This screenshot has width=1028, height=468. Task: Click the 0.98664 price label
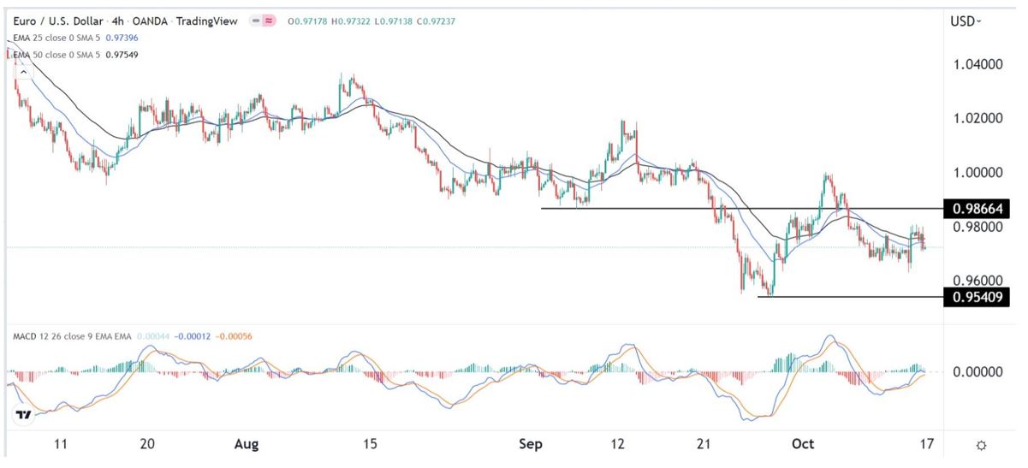(975, 209)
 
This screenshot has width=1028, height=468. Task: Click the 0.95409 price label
(975, 297)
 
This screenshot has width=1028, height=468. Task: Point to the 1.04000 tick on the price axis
(977, 63)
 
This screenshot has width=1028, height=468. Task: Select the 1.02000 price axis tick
(977, 118)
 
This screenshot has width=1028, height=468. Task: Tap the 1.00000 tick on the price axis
(977, 172)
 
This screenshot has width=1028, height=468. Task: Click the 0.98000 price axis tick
(977, 227)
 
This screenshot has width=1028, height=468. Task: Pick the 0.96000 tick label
(977, 281)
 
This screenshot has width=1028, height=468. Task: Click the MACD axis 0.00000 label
(977, 372)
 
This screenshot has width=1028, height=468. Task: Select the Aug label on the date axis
(245, 445)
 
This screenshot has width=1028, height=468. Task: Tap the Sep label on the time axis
(531, 445)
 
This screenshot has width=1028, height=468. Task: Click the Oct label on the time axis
(803, 445)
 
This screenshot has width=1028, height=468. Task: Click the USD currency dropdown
(966, 21)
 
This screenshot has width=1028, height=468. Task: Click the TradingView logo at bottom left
(23, 415)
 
